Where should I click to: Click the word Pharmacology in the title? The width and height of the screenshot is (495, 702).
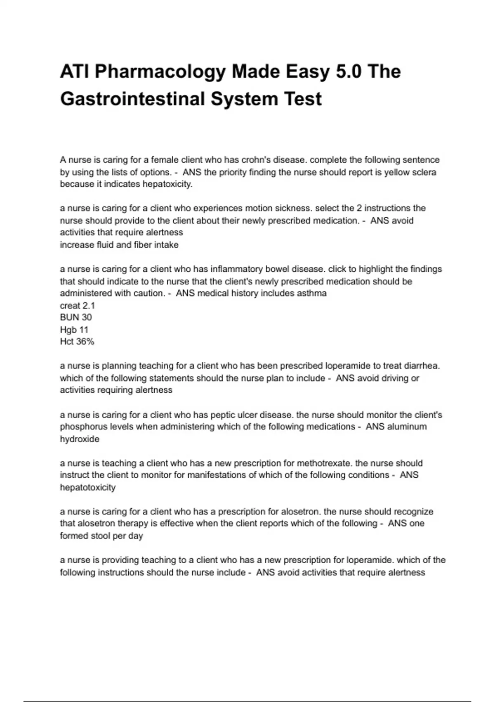(x=160, y=72)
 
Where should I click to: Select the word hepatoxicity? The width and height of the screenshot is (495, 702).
(x=167, y=184)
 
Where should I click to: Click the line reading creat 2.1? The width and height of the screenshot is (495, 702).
(x=78, y=306)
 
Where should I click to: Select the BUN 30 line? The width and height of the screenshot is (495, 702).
(x=76, y=318)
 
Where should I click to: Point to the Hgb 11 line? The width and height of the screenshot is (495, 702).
(x=74, y=330)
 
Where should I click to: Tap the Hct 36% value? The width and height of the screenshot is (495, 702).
(x=77, y=342)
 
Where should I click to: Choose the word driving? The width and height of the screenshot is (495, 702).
(x=391, y=378)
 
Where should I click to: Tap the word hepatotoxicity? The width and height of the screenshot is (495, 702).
(x=88, y=488)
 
